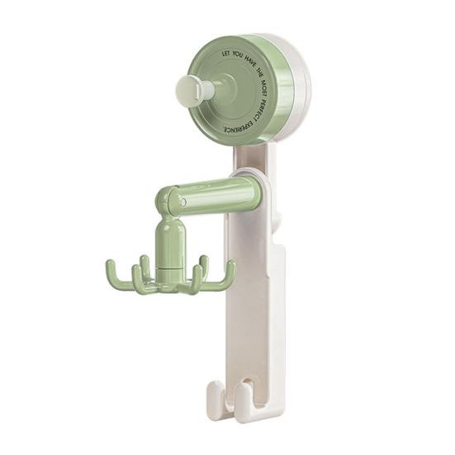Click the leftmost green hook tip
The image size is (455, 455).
point(110,264)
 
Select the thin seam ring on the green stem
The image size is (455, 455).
point(171,268)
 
